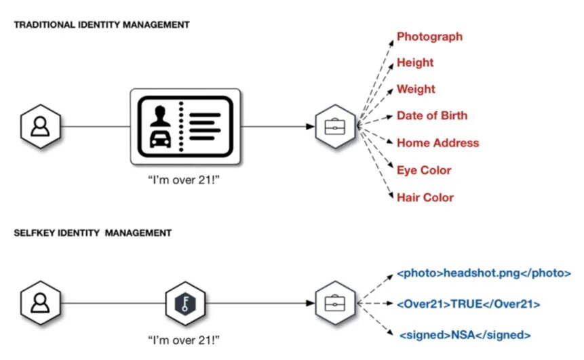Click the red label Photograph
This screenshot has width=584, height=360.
tap(429, 37)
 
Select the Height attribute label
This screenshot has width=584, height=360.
tap(415, 62)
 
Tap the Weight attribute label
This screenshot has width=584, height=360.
tap(416, 89)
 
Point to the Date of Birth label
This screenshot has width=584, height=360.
tap(432, 116)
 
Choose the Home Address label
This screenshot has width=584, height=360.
tap(437, 143)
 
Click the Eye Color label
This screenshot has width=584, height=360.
tap(424, 170)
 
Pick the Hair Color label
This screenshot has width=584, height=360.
tap(425, 197)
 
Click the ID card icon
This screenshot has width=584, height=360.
tap(186, 126)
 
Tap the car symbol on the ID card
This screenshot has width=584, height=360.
tap(159, 140)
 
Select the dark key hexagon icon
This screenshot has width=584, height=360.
tap(185, 302)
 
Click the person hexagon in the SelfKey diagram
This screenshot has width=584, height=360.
tap(41, 302)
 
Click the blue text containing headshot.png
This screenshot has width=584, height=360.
tap(484, 274)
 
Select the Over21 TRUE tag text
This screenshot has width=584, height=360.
tap(469, 304)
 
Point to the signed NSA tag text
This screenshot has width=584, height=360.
tap(465, 335)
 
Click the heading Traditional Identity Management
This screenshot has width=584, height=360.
tap(102, 24)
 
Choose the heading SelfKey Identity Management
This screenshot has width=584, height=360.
tap(92, 233)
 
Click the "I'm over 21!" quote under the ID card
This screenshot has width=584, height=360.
tap(185, 182)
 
